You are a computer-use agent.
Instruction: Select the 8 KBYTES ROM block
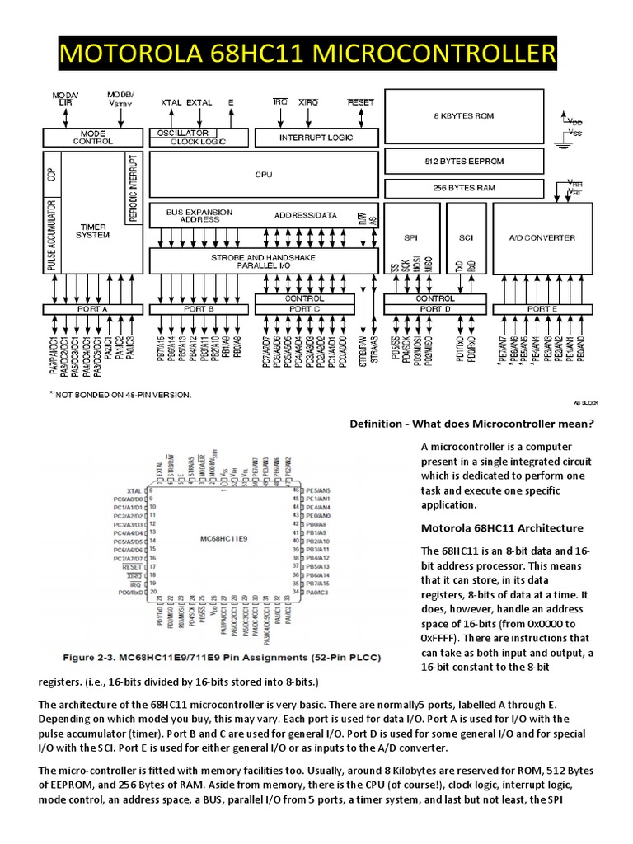point(463,116)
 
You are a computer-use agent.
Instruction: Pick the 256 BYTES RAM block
point(463,188)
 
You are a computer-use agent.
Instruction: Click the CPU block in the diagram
point(263,175)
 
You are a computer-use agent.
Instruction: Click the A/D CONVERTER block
point(542,237)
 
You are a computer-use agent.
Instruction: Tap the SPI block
point(411,237)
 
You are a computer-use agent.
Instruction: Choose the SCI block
point(466,237)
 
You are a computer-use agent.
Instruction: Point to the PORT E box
point(542,308)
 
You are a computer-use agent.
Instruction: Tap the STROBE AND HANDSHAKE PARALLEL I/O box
point(263,261)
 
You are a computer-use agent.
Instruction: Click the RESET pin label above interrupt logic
point(360,103)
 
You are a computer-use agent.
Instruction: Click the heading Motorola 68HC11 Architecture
point(502,527)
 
